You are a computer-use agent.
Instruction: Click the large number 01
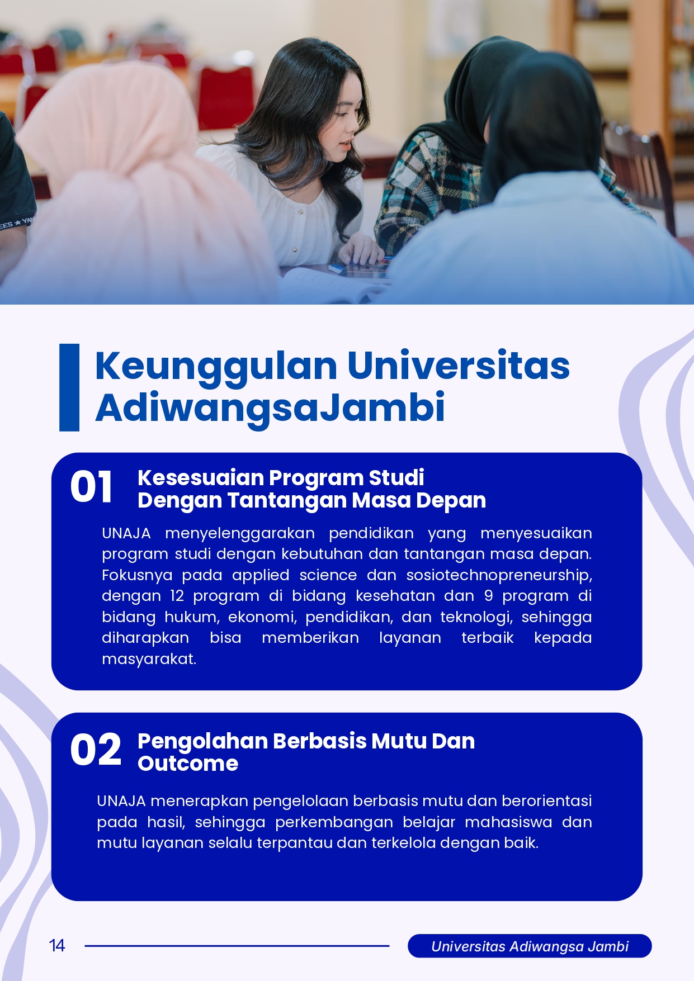pyautogui.click(x=91, y=486)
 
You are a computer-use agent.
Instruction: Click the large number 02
pyautogui.click(x=96, y=750)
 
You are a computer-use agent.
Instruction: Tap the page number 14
pyautogui.click(x=57, y=945)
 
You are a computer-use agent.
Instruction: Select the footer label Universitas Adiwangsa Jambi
pyautogui.click(x=530, y=946)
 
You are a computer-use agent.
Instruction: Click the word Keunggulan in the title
pyautogui.click(x=216, y=366)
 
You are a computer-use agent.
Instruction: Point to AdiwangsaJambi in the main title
pyautogui.click(x=270, y=408)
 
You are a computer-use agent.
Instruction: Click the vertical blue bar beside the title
pyautogui.click(x=69, y=387)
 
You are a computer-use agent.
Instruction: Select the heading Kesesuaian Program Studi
pyautogui.click(x=281, y=477)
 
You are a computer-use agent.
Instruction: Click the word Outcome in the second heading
pyautogui.click(x=188, y=764)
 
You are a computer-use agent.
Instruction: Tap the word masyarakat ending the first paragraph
pyautogui.click(x=149, y=659)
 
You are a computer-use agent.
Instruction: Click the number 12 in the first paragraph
pyautogui.click(x=177, y=596)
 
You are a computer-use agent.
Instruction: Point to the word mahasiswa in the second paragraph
pyautogui.click(x=508, y=822)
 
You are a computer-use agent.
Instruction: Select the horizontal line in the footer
pyautogui.click(x=237, y=946)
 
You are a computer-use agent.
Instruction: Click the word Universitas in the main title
pyautogui.click(x=459, y=366)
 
